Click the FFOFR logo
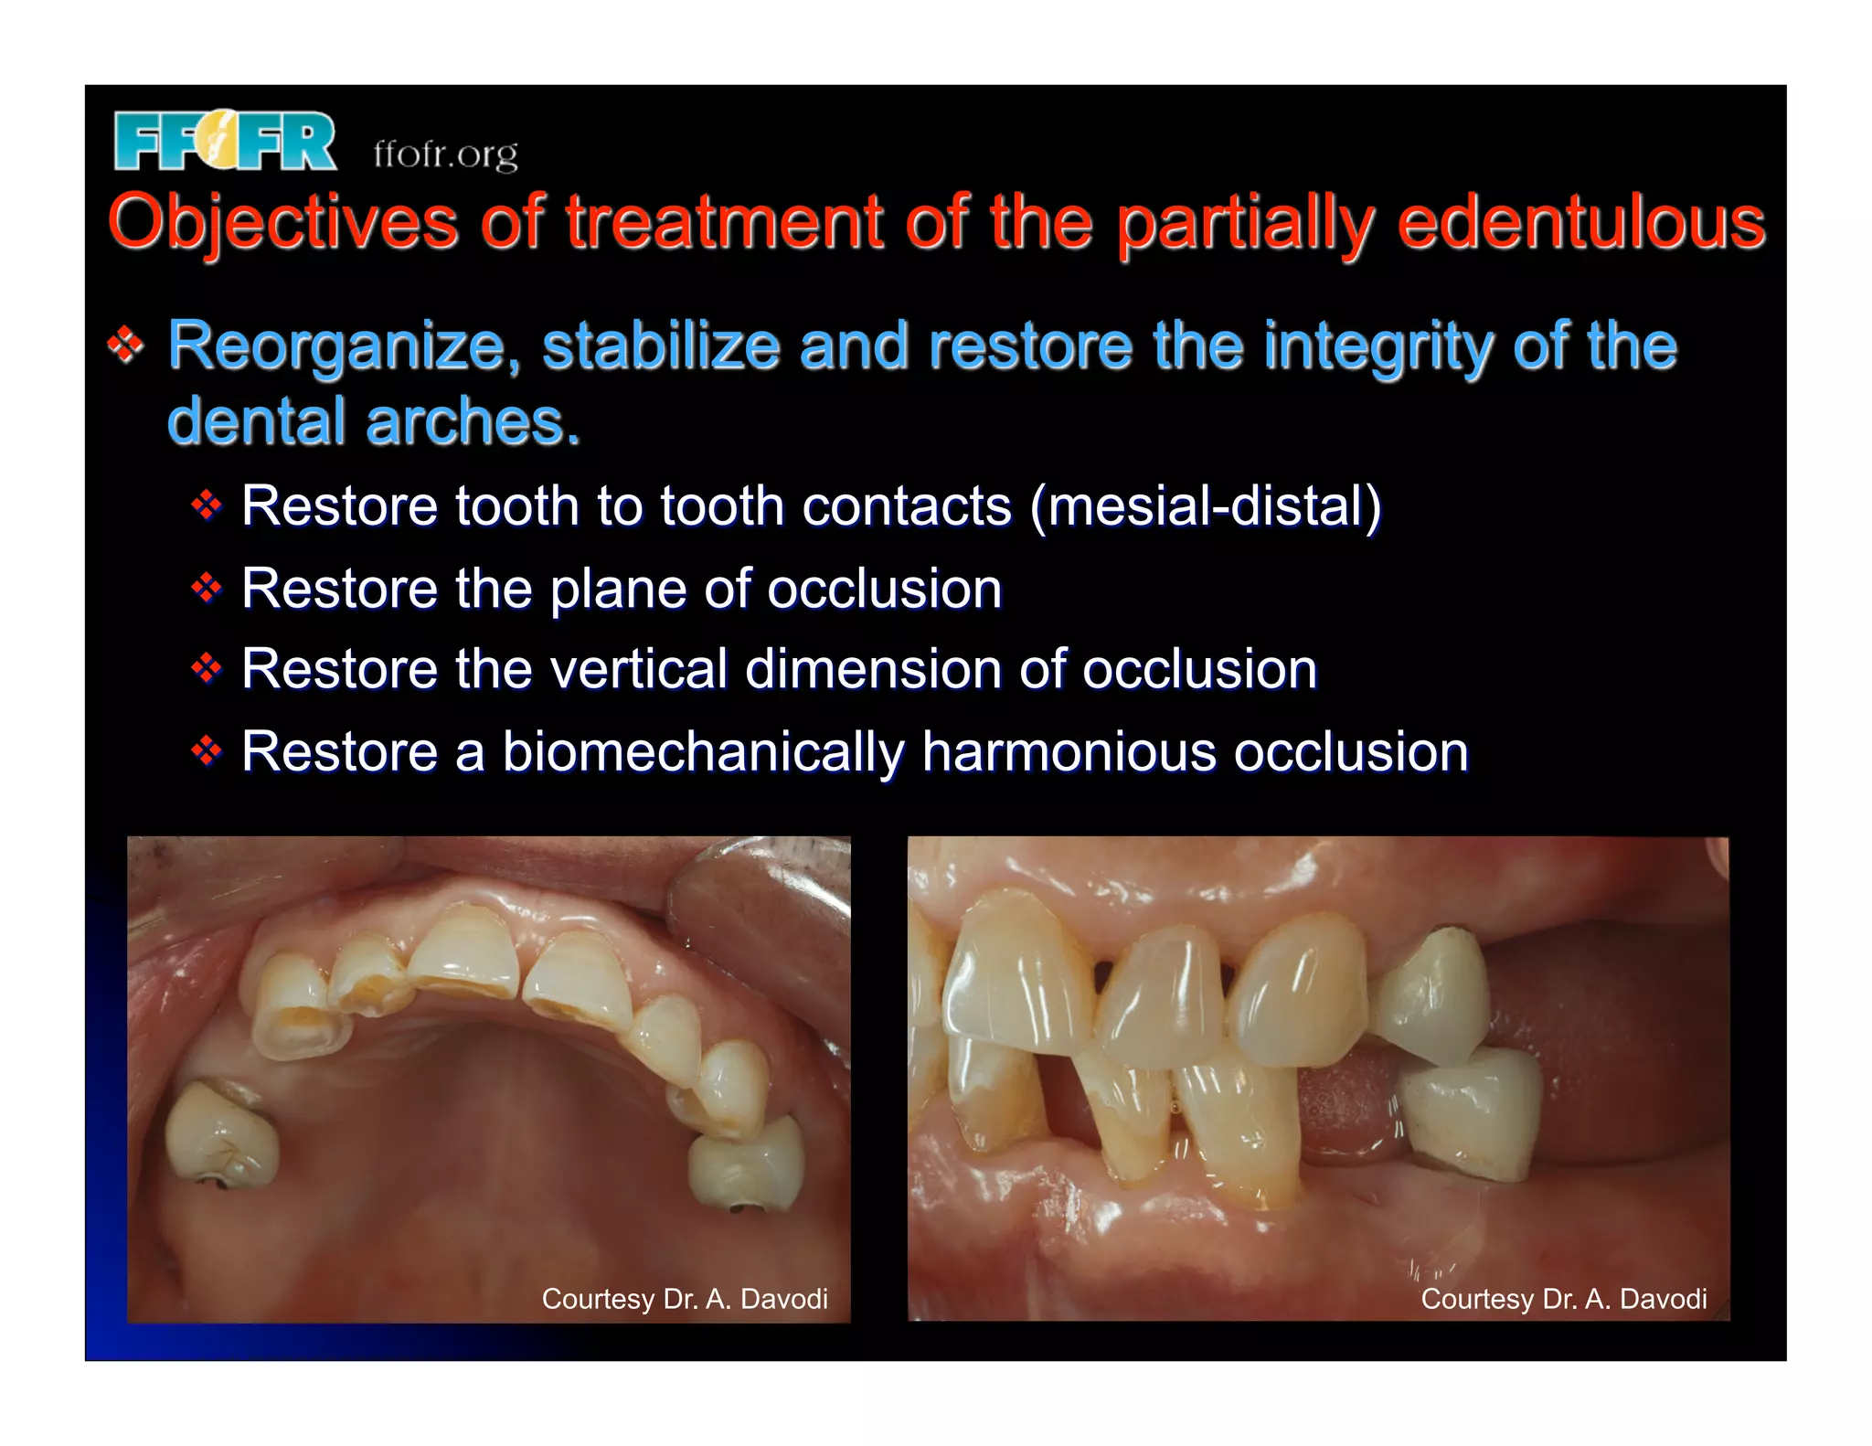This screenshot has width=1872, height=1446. point(225,142)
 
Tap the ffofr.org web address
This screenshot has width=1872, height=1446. point(445,154)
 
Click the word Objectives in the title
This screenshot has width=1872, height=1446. point(282,223)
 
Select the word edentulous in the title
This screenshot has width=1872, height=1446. point(1580,223)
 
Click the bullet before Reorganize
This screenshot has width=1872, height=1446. point(125,346)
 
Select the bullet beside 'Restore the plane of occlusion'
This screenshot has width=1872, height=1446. point(207,588)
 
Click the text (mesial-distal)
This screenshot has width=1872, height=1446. point(1206,506)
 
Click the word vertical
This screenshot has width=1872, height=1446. point(639,669)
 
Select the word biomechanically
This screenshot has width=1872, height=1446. point(703,752)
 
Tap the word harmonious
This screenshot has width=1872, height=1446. point(1069,752)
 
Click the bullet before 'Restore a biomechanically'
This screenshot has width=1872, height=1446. point(207,752)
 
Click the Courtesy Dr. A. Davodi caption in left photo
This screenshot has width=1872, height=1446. point(685,1299)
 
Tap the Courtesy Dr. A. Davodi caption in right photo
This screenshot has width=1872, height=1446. point(1563,1299)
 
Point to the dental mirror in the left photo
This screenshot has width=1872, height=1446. point(759,923)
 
